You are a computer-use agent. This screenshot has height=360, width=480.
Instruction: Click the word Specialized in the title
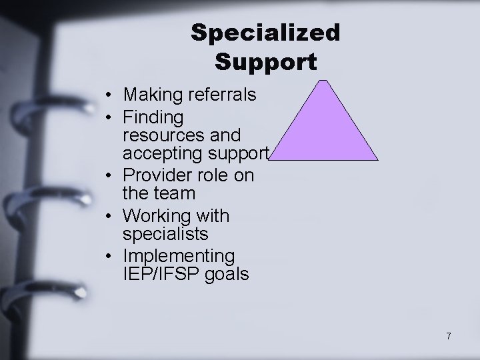[265, 32]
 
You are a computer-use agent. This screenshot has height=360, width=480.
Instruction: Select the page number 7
[449, 336]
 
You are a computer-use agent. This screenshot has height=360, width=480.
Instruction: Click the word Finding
[153, 118]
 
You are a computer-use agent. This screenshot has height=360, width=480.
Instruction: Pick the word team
[176, 193]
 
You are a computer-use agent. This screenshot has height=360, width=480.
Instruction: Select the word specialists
[165, 234]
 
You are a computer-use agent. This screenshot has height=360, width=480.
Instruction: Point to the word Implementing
[179, 256]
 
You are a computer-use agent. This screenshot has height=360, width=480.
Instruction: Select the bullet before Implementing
[108, 257]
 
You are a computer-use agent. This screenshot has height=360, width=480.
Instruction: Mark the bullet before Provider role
[108, 176]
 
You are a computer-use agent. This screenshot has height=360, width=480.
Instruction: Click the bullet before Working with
[108, 217]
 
